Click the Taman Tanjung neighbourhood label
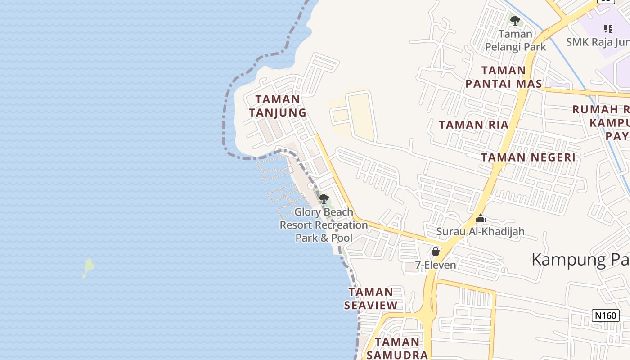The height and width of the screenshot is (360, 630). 278,106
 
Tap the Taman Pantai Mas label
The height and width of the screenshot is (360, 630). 504,77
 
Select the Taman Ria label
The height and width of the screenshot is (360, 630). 473,125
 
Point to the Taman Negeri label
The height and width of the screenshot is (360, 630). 528,157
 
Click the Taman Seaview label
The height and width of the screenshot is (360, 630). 371,298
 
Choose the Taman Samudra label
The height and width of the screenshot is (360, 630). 397,348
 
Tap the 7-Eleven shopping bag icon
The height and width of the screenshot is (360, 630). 436,252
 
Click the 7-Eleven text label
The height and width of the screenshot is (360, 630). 436,265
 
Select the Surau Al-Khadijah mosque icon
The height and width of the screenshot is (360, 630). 481,219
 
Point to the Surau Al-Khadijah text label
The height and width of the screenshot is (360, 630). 481,232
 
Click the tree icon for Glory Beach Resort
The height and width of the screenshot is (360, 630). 324,199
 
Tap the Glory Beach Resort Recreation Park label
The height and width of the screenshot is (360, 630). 324,225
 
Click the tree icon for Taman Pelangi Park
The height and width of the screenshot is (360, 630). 515,20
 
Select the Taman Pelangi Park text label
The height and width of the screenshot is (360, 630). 515,40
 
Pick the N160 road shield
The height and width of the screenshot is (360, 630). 605,315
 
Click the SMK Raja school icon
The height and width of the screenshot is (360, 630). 608,29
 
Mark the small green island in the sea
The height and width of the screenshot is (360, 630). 89,267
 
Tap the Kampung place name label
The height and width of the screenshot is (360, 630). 580,260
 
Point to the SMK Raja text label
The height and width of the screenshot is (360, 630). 598,42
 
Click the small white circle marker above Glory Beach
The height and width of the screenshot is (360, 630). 310,186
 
